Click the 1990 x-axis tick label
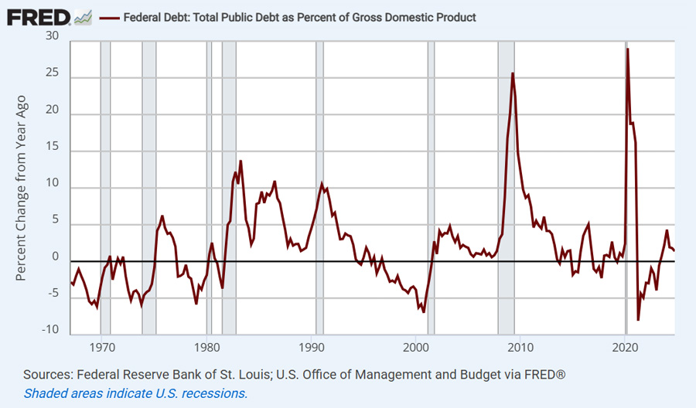click(312, 347)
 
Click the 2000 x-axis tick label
click(416, 347)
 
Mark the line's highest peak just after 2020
click(627, 49)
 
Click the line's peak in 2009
click(513, 73)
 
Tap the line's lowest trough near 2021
click(638, 319)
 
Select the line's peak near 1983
click(241, 161)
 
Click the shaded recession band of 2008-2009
click(506, 185)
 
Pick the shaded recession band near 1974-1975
click(149, 185)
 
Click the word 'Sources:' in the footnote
click(49, 375)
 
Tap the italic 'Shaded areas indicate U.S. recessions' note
click(135, 393)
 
